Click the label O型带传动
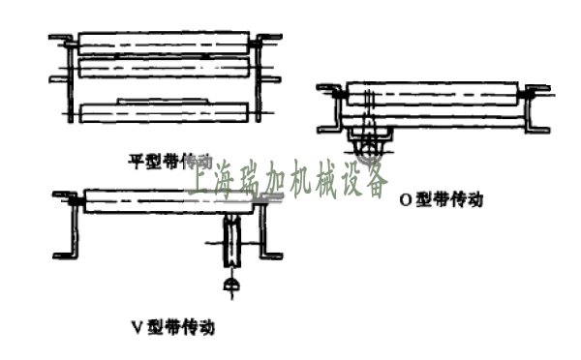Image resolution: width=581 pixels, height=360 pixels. (x=442, y=201)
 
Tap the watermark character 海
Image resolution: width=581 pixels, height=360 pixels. (x=233, y=182)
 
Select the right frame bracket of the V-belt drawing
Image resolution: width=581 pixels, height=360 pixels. (x=272, y=227)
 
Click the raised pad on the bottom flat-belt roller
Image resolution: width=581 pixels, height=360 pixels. (x=159, y=100)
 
